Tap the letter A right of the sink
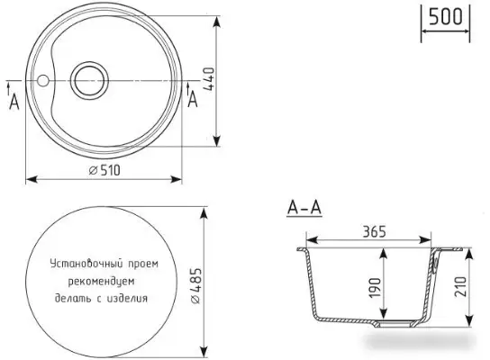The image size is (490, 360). (193, 102)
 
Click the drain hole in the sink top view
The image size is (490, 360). (89, 79)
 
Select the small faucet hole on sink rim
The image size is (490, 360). (42, 79)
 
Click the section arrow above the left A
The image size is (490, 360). (9, 86)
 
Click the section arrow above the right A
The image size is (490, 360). (188, 86)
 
